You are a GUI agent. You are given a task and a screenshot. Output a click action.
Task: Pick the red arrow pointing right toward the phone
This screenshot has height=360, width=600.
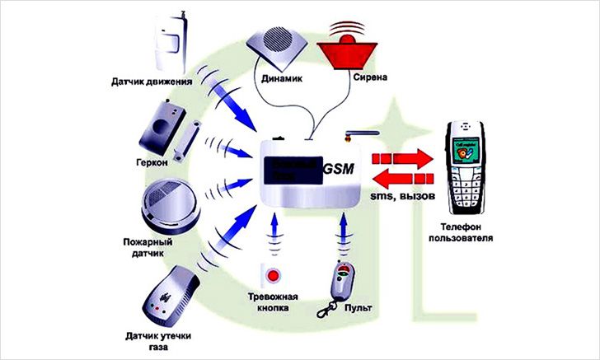[402, 157]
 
